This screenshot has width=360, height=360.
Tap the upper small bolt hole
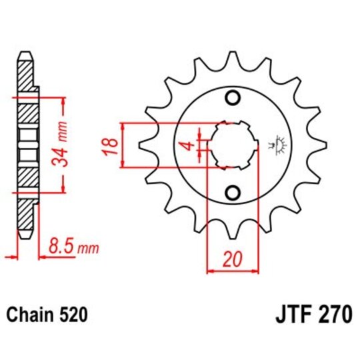[x=232, y=99]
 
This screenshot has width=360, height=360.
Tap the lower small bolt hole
[x=232, y=193]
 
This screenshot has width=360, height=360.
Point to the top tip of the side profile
[x=25, y=53]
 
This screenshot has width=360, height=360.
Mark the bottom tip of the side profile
[x=25, y=237]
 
